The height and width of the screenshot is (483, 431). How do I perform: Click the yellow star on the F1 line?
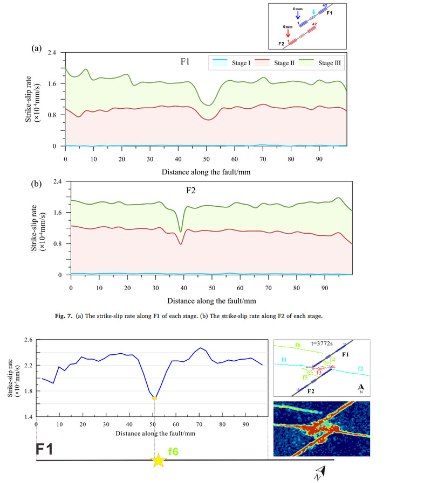158,461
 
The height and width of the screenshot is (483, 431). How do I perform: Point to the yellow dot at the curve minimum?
155,398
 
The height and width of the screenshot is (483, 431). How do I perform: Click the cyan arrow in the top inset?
315,12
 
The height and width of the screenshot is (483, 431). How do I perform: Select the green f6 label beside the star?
173,451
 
